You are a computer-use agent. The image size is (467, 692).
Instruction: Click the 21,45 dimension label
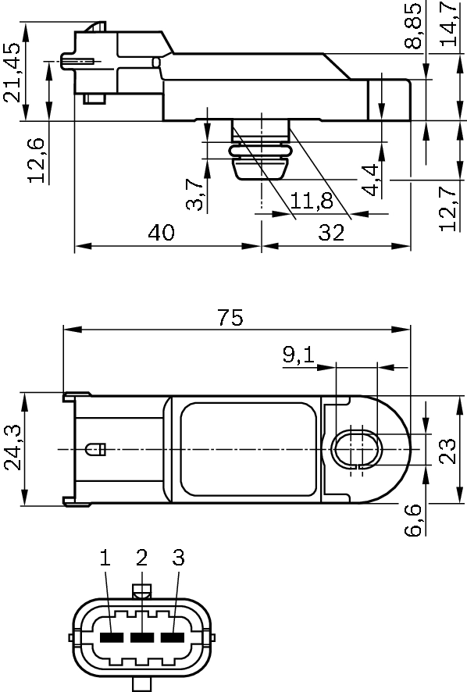12,73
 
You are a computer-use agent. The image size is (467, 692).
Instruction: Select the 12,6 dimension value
37,159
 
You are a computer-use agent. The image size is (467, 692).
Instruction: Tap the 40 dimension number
162,233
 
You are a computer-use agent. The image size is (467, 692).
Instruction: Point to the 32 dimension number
331,233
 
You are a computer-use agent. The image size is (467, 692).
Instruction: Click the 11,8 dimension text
312,201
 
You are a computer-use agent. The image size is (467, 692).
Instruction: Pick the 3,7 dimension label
196,194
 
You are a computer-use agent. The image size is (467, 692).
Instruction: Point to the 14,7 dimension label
449,24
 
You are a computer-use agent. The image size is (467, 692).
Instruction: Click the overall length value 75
230,317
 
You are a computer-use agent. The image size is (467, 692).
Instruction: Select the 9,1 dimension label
298,356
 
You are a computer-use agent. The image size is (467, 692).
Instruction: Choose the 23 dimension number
447,450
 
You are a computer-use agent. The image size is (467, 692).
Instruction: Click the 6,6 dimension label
414,519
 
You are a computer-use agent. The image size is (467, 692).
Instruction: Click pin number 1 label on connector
105,558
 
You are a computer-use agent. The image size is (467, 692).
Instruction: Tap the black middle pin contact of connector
141,637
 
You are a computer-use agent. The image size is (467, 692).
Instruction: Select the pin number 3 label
178,558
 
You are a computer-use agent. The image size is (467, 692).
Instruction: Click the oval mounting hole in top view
356,449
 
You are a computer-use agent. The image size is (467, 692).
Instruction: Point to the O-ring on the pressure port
260,149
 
